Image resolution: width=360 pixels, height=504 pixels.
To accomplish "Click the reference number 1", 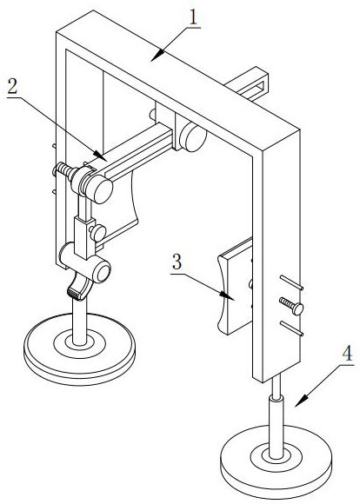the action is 193,18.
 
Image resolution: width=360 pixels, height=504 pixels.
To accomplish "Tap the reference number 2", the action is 12,86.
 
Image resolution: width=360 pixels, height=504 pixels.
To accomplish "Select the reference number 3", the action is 177,262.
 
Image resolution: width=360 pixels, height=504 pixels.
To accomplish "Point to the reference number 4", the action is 347,355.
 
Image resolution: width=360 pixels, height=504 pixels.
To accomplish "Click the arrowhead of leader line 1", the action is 157,56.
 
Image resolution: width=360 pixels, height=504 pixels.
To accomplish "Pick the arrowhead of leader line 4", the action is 301,401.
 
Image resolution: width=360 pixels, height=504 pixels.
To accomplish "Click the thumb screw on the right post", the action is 292,306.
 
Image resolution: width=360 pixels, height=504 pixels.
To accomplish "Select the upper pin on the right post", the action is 291,282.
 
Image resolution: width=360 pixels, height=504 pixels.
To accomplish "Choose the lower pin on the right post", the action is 291,328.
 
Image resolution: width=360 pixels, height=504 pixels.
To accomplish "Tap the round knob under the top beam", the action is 192,137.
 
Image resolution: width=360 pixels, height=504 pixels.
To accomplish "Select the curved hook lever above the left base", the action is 79,286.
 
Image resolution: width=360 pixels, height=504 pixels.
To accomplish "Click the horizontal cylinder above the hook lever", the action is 85,262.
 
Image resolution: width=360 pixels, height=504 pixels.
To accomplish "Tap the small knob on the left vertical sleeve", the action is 97,233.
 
